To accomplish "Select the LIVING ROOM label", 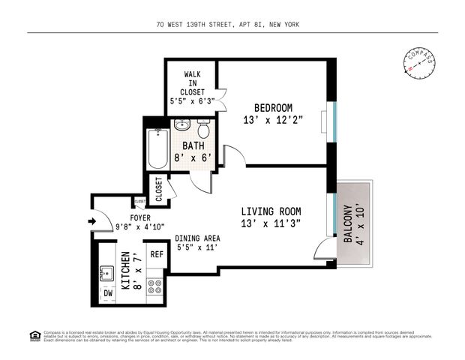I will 275,211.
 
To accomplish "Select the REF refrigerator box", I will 157,254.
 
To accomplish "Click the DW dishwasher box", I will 109,293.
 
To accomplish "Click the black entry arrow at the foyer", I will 92,221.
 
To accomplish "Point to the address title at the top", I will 232,24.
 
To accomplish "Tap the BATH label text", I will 194,144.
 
